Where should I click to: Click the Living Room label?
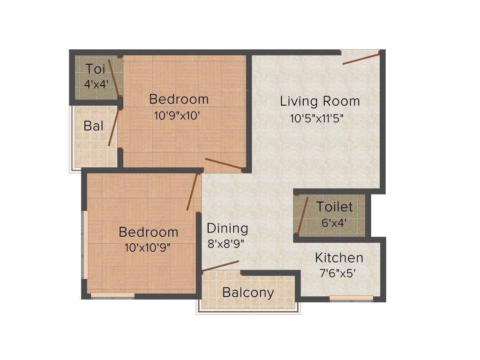click(320, 101)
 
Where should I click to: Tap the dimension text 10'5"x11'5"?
click(317, 119)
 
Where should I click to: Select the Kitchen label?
click(339, 258)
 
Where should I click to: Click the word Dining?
click(227, 228)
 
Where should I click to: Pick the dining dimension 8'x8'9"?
click(226, 244)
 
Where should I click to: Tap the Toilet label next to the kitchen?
click(334, 207)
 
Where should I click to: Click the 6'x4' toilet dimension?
click(334, 223)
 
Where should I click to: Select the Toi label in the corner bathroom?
click(95, 69)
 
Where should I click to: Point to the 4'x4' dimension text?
click(96, 84)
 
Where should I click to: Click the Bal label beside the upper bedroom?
click(93, 126)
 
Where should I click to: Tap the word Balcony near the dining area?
click(248, 293)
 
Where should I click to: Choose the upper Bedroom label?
click(179, 99)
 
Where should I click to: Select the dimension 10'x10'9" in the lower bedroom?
click(147, 247)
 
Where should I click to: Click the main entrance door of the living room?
click(361, 59)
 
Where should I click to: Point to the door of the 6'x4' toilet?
click(303, 215)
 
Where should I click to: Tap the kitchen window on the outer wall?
click(351, 298)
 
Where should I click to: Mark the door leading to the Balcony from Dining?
click(220, 266)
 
